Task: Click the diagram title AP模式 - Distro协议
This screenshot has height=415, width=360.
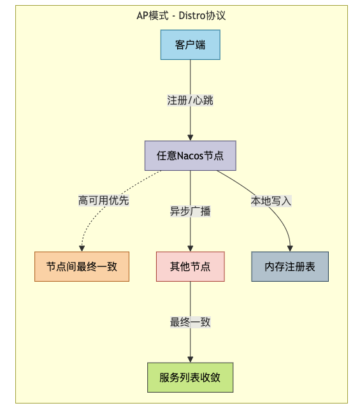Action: coord(181,15)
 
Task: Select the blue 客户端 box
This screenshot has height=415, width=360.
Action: coord(190,45)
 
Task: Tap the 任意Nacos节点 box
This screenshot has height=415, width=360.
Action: coord(190,156)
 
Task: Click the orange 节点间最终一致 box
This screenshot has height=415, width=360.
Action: coord(82,266)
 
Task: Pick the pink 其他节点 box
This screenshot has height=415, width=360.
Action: coord(190,266)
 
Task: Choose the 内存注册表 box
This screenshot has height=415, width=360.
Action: coord(290,266)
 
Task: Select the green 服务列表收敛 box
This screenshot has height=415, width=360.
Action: coord(190,377)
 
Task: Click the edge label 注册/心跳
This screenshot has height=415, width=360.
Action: coord(190,100)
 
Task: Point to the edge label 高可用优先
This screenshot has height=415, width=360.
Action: coord(104,200)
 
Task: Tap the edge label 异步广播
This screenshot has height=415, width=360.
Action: coord(190,211)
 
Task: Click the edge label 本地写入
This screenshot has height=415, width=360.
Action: coord(271,201)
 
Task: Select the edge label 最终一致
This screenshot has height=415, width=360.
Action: coord(190,322)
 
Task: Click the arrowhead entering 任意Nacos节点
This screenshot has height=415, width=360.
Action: coord(190,138)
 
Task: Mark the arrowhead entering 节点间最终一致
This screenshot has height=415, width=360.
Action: coord(82,249)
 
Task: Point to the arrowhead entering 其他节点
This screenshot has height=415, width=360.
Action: coord(190,249)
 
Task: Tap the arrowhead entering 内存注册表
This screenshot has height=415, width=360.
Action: coord(290,249)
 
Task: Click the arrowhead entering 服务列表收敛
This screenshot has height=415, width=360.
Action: coord(190,360)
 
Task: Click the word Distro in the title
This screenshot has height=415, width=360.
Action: coord(192,15)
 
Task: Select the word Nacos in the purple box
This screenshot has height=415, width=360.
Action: coord(190,156)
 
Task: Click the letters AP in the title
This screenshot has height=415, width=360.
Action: coord(142,16)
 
